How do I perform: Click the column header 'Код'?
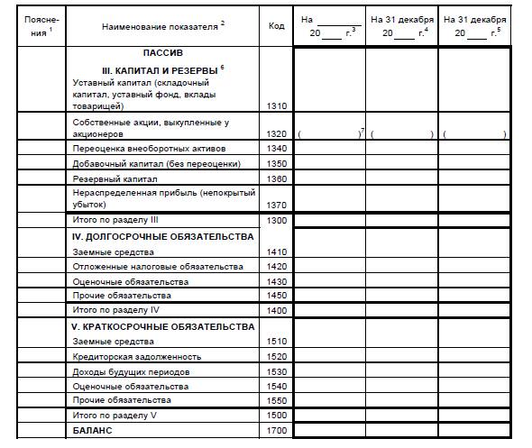[276, 25]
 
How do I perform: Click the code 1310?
[277, 106]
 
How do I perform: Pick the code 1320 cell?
[277, 133]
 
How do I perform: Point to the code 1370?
[277, 206]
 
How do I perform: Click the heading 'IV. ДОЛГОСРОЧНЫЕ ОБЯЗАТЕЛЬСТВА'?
[162, 237]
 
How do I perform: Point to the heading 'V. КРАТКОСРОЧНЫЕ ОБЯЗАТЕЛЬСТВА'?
[162, 326]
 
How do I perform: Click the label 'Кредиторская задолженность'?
[130, 356]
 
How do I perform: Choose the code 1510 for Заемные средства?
[277, 342]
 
